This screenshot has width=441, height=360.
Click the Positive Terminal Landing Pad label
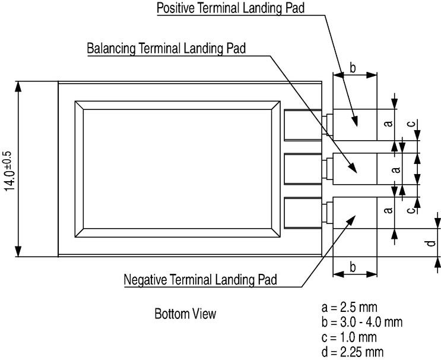pos(231,8)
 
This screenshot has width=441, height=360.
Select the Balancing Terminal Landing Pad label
pos(166,48)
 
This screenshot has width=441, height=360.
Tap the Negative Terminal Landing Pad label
pos(200,280)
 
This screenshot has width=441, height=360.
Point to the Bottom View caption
pos(185,314)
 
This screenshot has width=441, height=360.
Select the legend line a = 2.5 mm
pos(350,307)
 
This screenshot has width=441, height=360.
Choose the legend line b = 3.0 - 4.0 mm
pos(362,322)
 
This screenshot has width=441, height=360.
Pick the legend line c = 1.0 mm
pos(349,337)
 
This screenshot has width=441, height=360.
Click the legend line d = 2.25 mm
pos(353,352)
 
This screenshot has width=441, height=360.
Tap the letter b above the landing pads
pos(353,68)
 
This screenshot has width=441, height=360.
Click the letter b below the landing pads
pos(353,267)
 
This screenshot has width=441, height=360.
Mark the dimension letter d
pos(431,243)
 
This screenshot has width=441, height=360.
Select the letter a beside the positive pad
pos(388,124)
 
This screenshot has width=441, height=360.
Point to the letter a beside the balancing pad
pos(396,169)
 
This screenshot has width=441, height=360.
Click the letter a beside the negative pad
pos(388,210)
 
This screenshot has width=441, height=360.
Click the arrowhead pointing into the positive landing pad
pos(355,121)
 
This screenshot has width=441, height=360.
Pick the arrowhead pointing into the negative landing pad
pos(351,220)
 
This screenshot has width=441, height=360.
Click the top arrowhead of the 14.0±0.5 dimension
pos(18,86)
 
